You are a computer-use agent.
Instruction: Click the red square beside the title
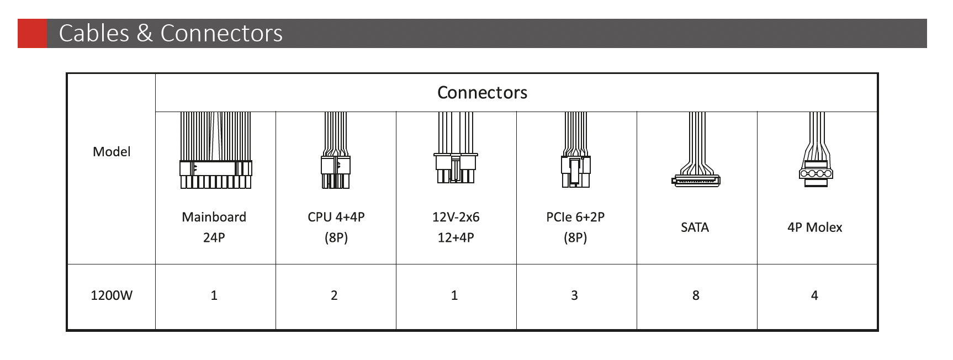[x=32, y=33]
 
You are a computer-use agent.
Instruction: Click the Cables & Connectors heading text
[x=171, y=33]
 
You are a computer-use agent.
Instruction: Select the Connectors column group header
[x=482, y=92]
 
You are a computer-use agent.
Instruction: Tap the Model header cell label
[x=112, y=152]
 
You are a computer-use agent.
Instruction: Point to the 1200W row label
[x=112, y=295]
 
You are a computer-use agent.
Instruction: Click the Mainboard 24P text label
[x=214, y=227]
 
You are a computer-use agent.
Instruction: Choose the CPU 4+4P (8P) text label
[x=336, y=227]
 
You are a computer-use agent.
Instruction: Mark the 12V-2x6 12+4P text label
[x=456, y=227]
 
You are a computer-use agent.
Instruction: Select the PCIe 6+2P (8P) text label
[x=575, y=227]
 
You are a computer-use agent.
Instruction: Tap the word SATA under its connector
[x=695, y=227]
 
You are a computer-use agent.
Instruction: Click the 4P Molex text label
[x=814, y=227]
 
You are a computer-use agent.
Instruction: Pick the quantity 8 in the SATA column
[x=696, y=295]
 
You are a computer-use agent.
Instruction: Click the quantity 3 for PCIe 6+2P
[x=574, y=295]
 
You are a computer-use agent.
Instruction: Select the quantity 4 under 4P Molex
[x=814, y=295]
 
